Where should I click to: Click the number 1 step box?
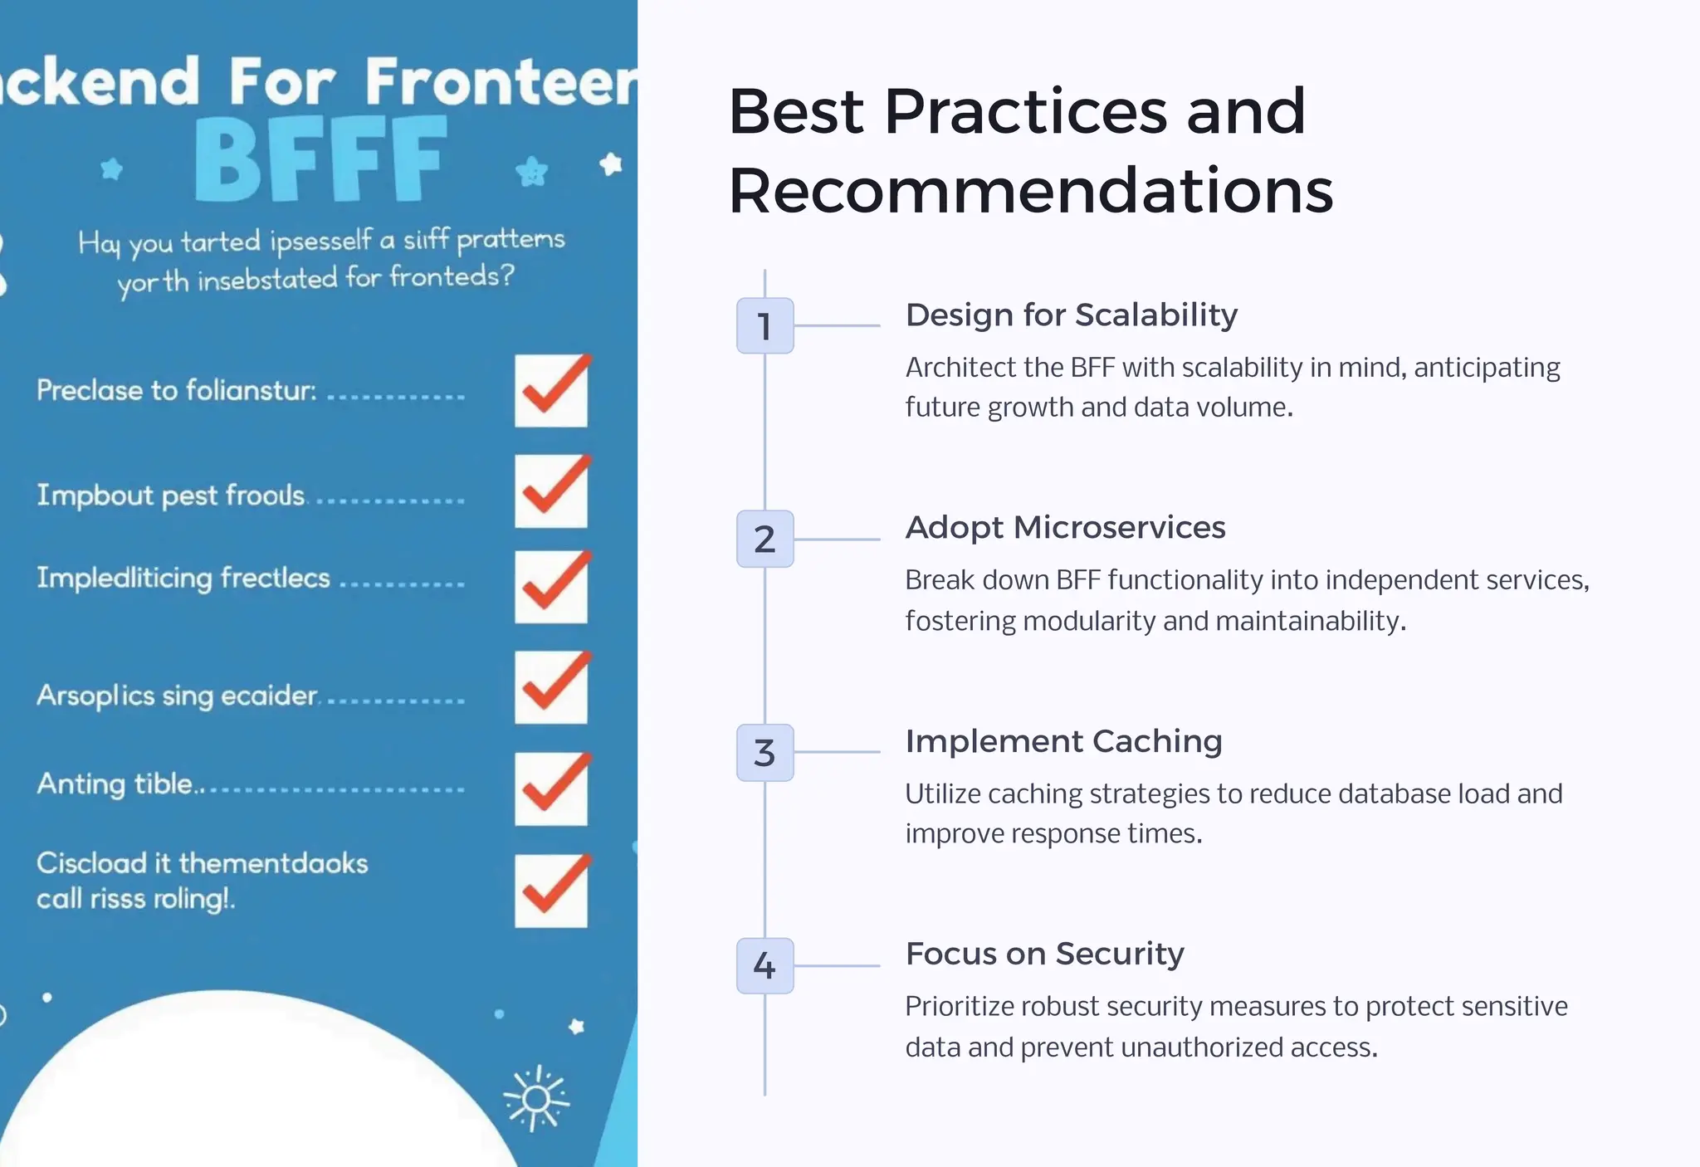pyautogui.click(x=765, y=325)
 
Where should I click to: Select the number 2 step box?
pyautogui.click(x=765, y=539)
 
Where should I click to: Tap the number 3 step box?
pyautogui.click(x=765, y=752)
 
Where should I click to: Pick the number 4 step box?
pyautogui.click(x=765, y=965)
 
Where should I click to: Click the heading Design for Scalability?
pyautogui.click(x=1071, y=315)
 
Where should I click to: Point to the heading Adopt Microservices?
pyautogui.click(x=1065, y=528)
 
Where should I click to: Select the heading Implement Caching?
pyautogui.click(x=1063, y=741)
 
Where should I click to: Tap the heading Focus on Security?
pyautogui.click(x=1044, y=955)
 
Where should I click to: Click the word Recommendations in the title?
pyautogui.click(x=1030, y=191)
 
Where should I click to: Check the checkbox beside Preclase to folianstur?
pyautogui.click(x=551, y=391)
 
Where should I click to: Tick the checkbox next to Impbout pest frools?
pyautogui.click(x=551, y=491)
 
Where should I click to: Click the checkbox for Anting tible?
pyautogui.click(x=551, y=789)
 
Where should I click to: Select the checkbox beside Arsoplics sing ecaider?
pyautogui.click(x=551, y=687)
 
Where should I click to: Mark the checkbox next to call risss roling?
pyautogui.click(x=551, y=891)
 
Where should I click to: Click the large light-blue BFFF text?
pyautogui.click(x=320, y=160)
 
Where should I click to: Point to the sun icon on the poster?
pyautogui.click(x=536, y=1098)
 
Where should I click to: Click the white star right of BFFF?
pyautogui.click(x=611, y=164)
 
